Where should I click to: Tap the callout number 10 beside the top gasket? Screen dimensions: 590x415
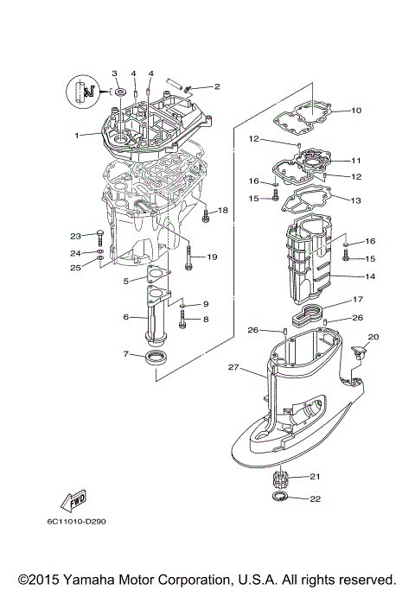point(356,111)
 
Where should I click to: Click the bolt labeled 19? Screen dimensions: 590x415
point(188,256)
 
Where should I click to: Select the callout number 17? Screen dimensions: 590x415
point(356,301)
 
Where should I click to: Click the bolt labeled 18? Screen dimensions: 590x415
point(204,213)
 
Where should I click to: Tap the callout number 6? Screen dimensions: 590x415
point(126,317)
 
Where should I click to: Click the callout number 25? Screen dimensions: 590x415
point(75,268)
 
